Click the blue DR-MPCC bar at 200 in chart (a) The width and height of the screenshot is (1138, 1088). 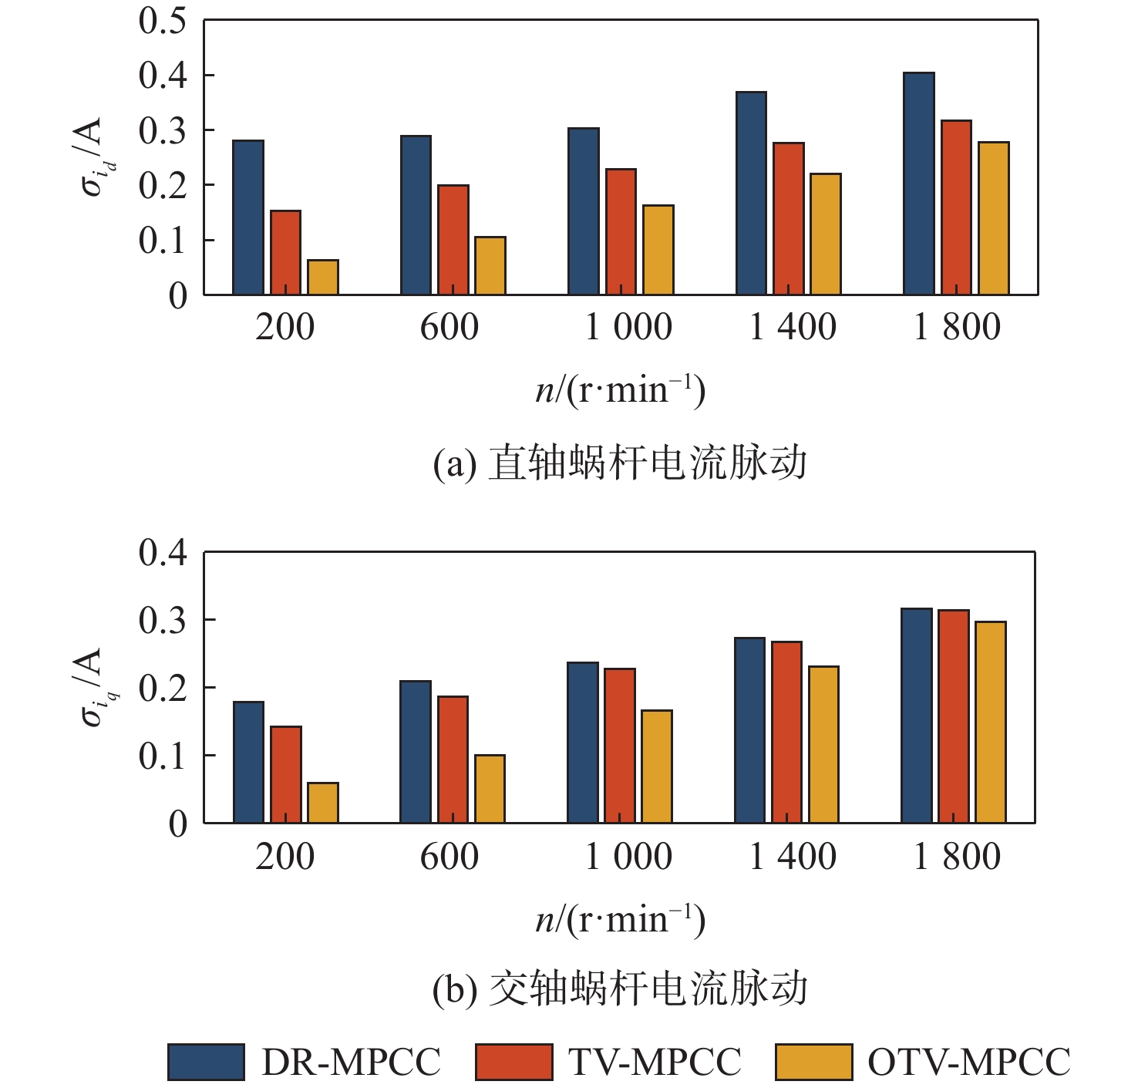[x=248, y=217]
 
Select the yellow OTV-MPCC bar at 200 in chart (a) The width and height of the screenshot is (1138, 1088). [x=323, y=278]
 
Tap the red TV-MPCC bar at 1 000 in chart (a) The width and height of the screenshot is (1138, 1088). [x=621, y=232]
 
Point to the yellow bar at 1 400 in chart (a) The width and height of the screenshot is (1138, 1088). [x=826, y=234]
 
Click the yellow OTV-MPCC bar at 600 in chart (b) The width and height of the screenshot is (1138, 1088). [x=490, y=789]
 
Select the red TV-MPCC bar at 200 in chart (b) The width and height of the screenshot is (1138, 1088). [x=286, y=775]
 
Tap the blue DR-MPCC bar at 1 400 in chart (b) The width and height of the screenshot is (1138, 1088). [x=750, y=730]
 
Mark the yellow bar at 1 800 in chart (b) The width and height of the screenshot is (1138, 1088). [x=991, y=723]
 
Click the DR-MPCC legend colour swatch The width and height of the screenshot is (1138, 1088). [x=206, y=1062]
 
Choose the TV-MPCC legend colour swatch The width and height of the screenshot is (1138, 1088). [x=513, y=1062]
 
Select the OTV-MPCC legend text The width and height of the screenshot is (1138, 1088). [x=969, y=1062]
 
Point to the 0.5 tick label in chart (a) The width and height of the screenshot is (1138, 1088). [x=163, y=21]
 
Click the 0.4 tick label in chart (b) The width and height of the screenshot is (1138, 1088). [x=163, y=553]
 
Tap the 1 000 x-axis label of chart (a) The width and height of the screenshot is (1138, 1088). [x=628, y=327]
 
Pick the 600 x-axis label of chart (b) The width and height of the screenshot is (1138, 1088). [x=449, y=857]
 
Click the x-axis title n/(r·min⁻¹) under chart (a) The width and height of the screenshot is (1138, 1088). [x=621, y=389]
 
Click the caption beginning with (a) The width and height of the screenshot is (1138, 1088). [x=620, y=463]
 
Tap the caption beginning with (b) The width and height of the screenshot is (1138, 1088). [x=620, y=989]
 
